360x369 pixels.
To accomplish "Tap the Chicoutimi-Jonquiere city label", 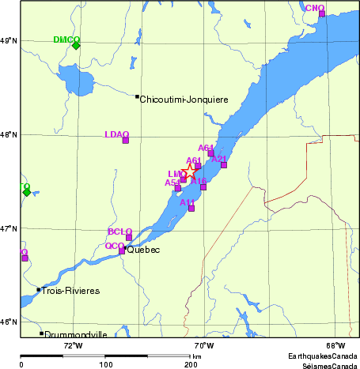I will [184, 100].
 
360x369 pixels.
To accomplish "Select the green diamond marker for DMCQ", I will [76, 45].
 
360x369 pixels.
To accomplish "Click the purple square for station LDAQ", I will [125, 140].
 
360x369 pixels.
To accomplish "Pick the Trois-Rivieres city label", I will [71, 291].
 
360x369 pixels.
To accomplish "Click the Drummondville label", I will [76, 334].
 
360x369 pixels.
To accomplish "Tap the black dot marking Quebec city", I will [125, 248].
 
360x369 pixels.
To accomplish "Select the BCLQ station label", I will [119, 232].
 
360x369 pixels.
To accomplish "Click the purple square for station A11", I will [191, 208].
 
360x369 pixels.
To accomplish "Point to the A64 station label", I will [206, 148].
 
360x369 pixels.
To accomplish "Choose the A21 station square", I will [224, 164].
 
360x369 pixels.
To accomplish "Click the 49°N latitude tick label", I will [9, 40].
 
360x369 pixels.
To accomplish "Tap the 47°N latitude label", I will [9, 228].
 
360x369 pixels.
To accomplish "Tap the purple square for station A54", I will [177, 188].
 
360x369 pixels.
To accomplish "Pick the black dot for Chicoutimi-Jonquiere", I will [137, 96].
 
